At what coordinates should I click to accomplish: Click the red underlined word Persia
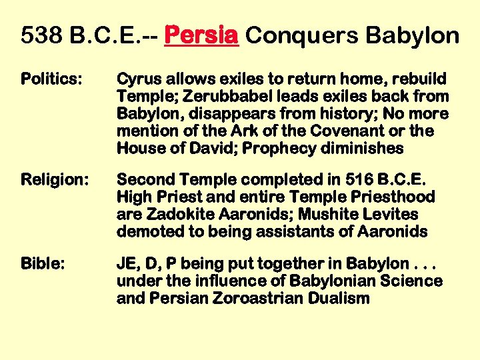201,35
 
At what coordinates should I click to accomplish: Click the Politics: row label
52,79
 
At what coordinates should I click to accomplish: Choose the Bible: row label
43,264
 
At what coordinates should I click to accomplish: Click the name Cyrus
137,79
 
